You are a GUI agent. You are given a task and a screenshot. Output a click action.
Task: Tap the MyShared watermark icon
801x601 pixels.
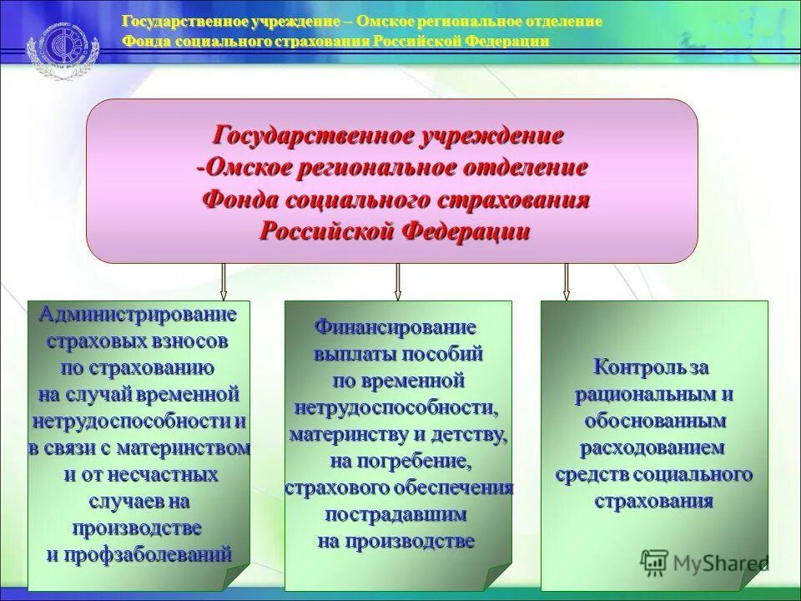click(653, 561)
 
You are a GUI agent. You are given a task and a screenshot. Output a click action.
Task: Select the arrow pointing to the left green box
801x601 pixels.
click(224, 281)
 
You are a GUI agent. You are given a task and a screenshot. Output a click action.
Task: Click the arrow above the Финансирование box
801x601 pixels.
click(398, 281)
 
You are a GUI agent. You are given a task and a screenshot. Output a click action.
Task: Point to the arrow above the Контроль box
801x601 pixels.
click(567, 281)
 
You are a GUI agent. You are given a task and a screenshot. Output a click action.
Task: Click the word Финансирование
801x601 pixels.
click(395, 326)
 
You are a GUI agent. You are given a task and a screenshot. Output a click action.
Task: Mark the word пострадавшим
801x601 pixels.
click(395, 513)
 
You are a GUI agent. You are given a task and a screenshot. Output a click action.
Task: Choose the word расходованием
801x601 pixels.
click(652, 447)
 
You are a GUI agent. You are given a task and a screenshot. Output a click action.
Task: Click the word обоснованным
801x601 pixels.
click(654, 420)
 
